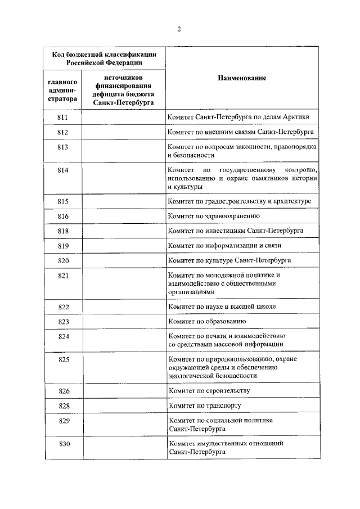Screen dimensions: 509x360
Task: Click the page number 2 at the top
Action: tap(179, 30)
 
